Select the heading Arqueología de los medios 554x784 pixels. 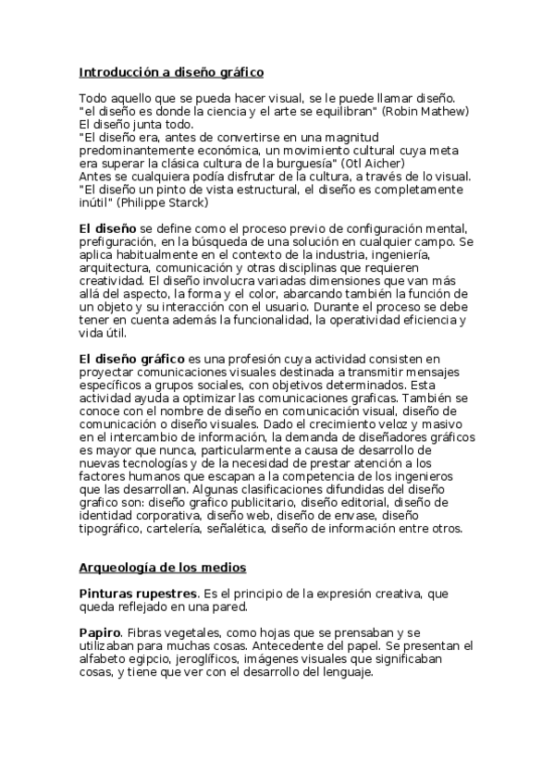[162, 568]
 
